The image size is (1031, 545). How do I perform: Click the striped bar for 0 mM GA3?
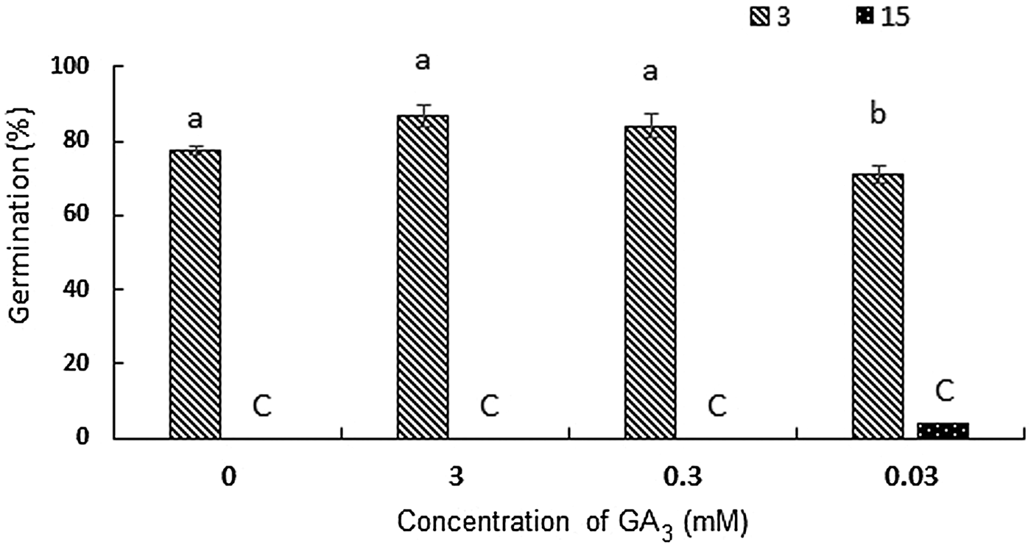(x=194, y=295)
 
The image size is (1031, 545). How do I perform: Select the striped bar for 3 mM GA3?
(x=422, y=277)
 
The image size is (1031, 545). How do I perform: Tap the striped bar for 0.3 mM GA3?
(x=650, y=283)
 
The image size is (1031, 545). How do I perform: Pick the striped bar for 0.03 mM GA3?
(x=877, y=306)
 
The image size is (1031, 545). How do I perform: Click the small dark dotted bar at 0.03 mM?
(x=943, y=431)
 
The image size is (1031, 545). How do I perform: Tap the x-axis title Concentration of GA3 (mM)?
(x=574, y=523)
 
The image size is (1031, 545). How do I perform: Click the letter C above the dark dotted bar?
(x=943, y=390)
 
